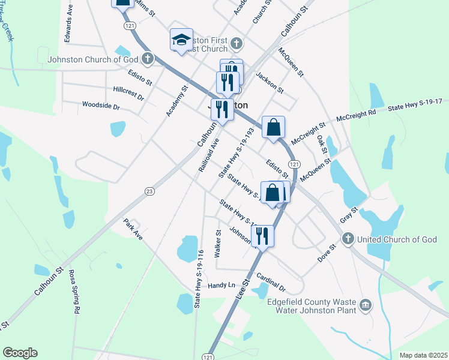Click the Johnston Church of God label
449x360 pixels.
(89, 59)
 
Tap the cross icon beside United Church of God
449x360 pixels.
(347, 239)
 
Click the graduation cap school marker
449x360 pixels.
(181, 41)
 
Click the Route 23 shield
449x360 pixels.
(149, 191)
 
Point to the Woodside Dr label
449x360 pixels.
(101, 106)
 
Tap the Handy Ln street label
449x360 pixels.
(222, 286)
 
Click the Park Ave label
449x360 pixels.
(133, 230)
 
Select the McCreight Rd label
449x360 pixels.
(356, 113)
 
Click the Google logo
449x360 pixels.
(20, 353)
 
